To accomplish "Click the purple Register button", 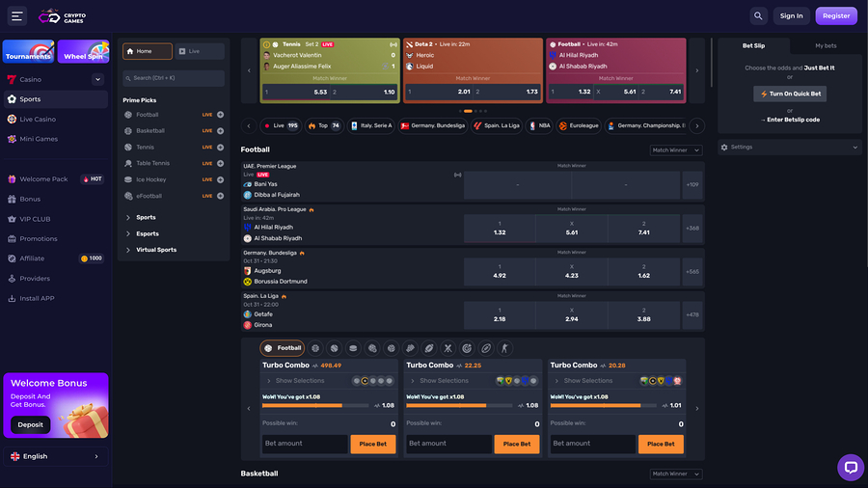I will tap(835, 15).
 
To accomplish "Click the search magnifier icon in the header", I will tap(759, 15).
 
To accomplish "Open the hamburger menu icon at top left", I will tap(16, 16).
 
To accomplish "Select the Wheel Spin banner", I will tap(83, 52).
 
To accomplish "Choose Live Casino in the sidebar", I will tap(38, 119).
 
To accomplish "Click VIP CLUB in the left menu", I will tap(35, 219).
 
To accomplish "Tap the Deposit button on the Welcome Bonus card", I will tap(30, 424).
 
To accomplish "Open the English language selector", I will tap(54, 456).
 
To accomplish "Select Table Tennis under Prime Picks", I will tap(152, 163).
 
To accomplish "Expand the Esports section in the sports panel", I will tap(148, 233).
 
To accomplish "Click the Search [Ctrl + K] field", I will tap(174, 77).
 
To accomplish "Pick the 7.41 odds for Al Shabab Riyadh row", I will tap(644, 229).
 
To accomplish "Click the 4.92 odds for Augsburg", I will tap(500, 272).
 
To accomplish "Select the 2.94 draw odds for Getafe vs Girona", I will tap(572, 315).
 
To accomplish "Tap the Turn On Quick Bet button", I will tap(790, 94).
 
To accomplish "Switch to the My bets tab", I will tap(826, 45).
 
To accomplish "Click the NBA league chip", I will tap(539, 125).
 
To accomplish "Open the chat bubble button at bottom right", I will tap(850, 468).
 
